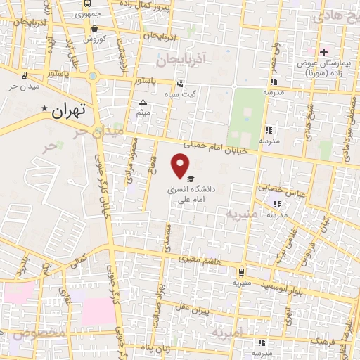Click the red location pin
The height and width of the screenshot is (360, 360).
tap(181, 166)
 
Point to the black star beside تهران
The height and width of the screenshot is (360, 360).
tap(45, 109)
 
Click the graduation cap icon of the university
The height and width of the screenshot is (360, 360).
tap(191, 179)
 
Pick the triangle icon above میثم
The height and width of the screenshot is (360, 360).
tap(143, 102)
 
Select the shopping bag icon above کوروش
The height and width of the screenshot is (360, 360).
tap(95, 29)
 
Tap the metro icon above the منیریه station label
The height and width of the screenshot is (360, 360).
tap(241, 272)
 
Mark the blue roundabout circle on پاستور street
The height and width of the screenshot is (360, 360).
tap(91, 75)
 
